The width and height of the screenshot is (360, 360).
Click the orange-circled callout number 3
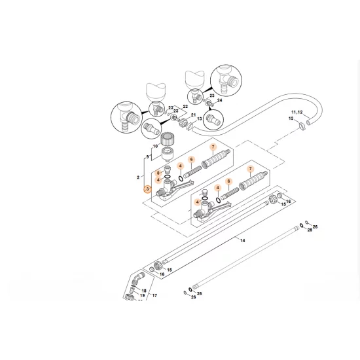(x=147, y=189)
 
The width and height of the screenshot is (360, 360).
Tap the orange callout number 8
(x=158, y=173)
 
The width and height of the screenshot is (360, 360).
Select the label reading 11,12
(x=297, y=113)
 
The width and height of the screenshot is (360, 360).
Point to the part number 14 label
(x=243, y=240)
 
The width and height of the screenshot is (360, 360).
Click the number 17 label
(x=154, y=295)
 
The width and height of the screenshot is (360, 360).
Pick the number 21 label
(x=193, y=115)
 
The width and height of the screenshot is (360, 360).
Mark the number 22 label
(x=185, y=107)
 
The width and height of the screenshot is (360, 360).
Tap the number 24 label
(x=220, y=100)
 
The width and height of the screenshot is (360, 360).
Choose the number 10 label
(x=155, y=146)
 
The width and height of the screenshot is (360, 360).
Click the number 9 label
(x=147, y=157)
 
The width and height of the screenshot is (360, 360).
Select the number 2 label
(x=138, y=177)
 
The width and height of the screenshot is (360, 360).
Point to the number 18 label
(x=144, y=291)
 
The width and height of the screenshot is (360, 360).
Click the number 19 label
(x=142, y=295)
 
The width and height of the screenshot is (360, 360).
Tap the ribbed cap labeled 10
(x=167, y=139)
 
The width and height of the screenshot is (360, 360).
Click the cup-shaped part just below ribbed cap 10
(x=168, y=154)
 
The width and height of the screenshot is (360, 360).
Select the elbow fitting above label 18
(x=138, y=279)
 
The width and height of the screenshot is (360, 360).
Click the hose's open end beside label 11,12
(x=309, y=122)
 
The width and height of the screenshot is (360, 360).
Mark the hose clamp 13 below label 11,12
(x=302, y=126)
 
